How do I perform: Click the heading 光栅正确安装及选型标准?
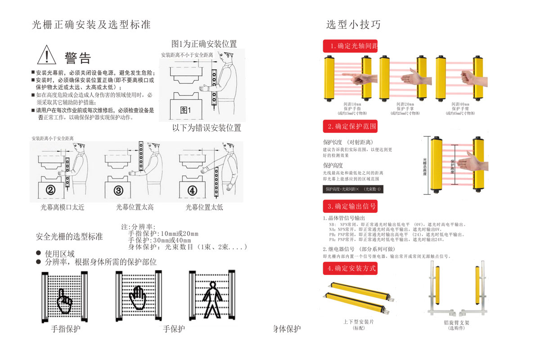click(91, 25)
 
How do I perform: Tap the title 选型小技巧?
click(353, 24)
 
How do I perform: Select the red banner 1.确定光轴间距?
click(350, 46)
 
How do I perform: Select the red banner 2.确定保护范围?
click(350, 126)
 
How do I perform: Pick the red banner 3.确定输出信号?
click(350, 206)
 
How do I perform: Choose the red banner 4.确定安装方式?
click(350, 269)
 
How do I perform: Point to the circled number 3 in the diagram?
click(118, 190)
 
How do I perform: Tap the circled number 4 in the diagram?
click(192, 190)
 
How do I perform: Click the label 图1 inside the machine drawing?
click(185, 110)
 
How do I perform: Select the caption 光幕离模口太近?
click(63, 207)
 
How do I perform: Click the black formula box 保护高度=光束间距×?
click(353, 189)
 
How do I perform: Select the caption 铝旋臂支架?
click(456, 322)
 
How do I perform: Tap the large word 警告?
click(77, 58)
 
